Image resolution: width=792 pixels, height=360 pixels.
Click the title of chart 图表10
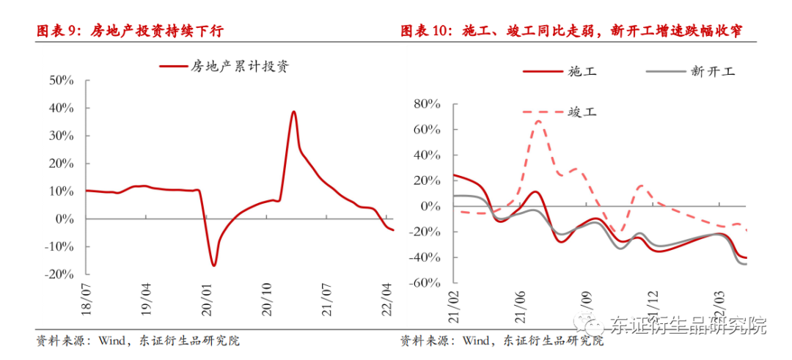(571, 31)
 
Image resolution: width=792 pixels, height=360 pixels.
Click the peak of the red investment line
(293, 111)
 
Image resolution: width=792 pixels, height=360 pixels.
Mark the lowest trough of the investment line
(213, 265)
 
